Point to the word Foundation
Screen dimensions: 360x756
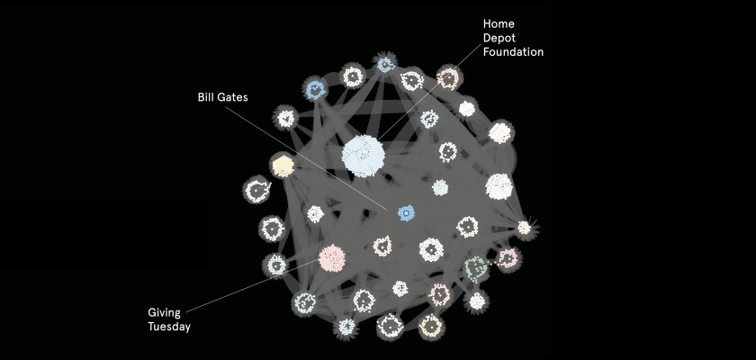514,52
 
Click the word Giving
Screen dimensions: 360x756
165,312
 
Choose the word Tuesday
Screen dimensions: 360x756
169,327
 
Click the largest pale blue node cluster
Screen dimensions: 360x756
364,154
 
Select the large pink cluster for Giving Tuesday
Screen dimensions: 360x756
331,258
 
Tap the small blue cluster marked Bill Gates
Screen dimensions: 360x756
406,212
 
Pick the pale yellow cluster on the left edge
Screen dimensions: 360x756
283,166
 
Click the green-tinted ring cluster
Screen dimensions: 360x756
476,267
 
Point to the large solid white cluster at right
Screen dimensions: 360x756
499,186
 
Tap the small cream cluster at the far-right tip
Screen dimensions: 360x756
524,228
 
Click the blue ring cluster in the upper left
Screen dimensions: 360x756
314,89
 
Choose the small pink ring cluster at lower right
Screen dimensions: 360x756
508,259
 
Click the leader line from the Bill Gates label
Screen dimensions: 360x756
315,153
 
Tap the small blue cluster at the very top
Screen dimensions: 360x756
386,64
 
